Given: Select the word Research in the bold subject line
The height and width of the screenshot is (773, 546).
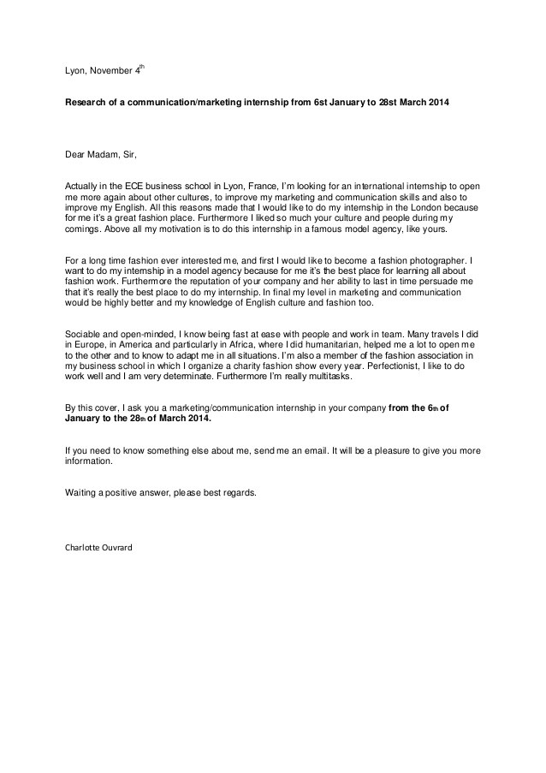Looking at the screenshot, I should click(x=88, y=101).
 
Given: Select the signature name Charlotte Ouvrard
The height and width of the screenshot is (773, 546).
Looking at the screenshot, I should click(x=99, y=547).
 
